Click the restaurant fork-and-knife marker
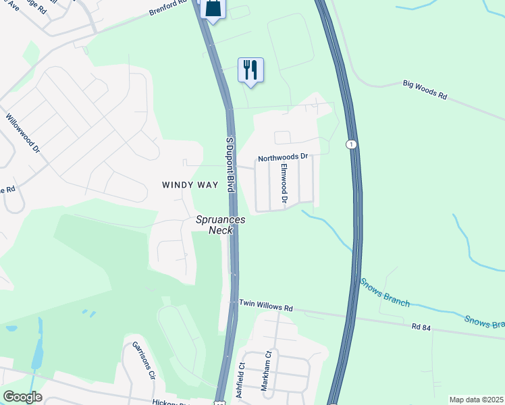point(250,70)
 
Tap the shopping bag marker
point(213,9)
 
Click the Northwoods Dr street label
point(282,158)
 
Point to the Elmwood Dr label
point(285,184)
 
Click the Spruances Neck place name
point(221,225)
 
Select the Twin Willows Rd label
point(265,306)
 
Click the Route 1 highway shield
point(350,144)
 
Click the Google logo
point(22,397)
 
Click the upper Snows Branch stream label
point(384,292)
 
